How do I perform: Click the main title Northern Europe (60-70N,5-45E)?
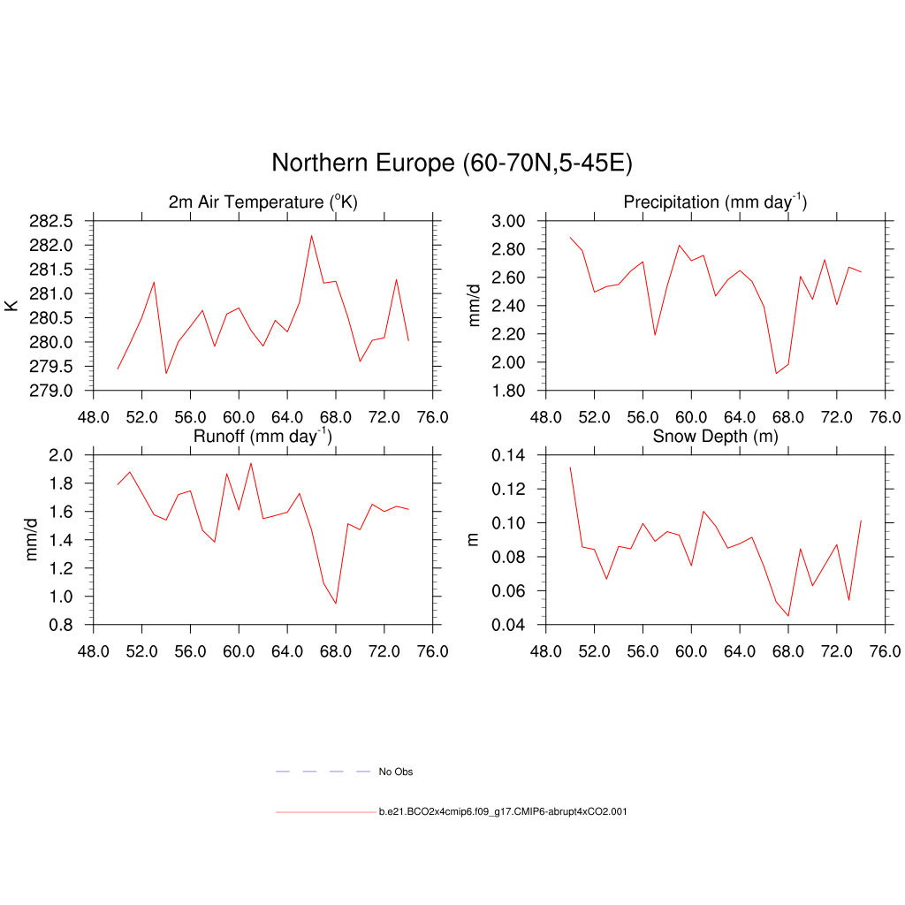(452, 164)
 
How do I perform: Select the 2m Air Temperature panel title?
(262, 202)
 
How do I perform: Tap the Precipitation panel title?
(715, 202)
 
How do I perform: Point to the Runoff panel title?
(262, 436)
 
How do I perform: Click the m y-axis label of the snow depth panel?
(473, 540)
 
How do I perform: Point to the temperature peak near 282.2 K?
(311, 235)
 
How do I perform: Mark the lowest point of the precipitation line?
(776, 373)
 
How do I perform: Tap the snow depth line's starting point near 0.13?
(570, 467)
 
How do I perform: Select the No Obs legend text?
(395, 772)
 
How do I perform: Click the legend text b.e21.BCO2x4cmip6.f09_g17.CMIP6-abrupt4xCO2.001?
(503, 811)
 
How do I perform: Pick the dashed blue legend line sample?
(323, 772)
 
